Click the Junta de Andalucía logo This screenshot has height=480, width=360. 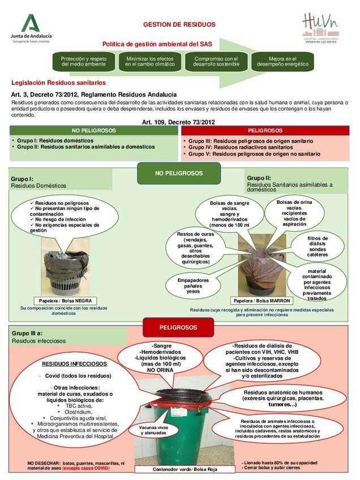coord(33,28)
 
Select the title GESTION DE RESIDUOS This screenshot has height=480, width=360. coord(179,25)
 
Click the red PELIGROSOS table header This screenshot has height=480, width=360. coord(265,131)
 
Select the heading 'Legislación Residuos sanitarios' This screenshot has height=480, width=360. coord(54,83)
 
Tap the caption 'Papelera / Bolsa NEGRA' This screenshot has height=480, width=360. coord(65,301)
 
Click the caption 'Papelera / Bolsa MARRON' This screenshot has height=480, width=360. coord(262,301)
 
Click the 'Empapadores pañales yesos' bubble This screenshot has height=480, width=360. coord(193,286)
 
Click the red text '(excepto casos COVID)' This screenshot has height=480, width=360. coord(86,469)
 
